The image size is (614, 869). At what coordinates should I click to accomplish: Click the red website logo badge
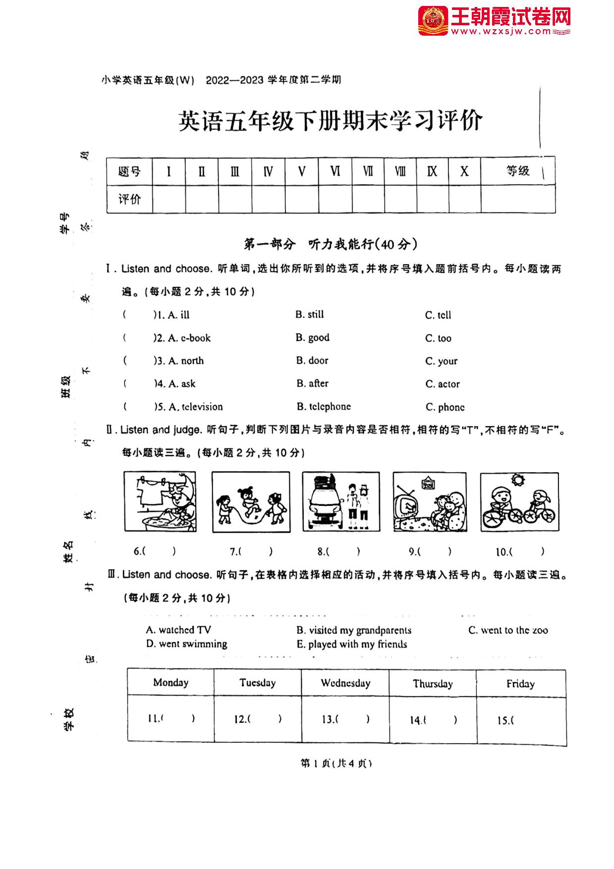click(433, 21)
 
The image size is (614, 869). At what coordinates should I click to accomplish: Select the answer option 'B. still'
click(309, 315)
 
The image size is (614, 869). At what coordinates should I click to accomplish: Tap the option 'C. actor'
click(442, 384)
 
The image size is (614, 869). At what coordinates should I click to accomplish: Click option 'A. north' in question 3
click(186, 361)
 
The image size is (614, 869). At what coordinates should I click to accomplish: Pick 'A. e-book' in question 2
click(189, 338)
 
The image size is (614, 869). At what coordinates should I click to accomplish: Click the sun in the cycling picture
click(518, 480)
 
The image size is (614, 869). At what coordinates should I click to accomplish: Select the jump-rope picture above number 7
click(251, 502)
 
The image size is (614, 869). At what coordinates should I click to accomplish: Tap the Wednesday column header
click(345, 683)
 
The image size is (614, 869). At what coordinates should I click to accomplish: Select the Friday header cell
click(520, 684)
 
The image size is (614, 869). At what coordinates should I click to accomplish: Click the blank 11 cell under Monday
click(171, 718)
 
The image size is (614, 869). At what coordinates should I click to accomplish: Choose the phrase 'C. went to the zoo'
click(508, 630)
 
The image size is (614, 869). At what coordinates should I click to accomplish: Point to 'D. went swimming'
click(186, 644)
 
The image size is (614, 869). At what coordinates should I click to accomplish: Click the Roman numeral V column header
click(301, 171)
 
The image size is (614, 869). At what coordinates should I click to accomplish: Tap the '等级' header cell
click(517, 171)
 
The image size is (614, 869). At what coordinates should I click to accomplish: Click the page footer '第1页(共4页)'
click(336, 763)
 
